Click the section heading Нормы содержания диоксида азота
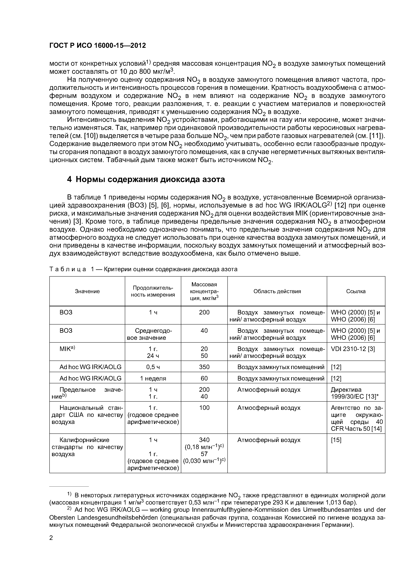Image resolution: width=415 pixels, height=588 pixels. point(150,179)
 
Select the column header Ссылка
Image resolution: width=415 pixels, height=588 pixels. point(356,291)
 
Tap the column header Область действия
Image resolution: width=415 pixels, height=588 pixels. point(277,291)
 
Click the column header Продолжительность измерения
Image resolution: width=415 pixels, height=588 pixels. point(153,291)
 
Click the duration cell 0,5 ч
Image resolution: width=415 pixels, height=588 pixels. point(153,367)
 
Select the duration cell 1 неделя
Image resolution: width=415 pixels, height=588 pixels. point(153,378)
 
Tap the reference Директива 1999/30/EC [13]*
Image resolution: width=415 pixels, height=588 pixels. point(354,393)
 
